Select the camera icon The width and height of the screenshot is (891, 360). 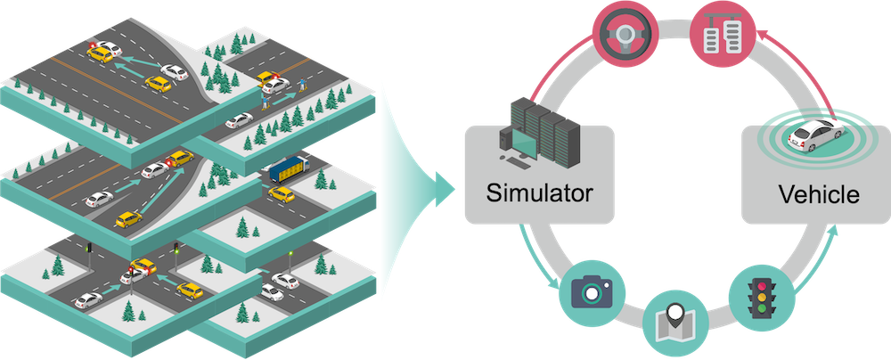coord(590,291)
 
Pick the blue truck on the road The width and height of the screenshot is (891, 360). coord(289,168)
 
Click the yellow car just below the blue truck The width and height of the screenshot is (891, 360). coord(282,192)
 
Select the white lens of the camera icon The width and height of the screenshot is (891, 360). coord(590,293)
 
